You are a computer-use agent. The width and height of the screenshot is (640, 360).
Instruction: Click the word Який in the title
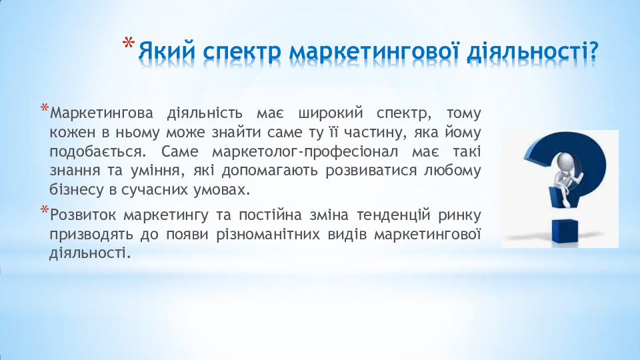coord(167,51)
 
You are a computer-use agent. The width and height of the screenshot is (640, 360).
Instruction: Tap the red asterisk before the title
coord(129,43)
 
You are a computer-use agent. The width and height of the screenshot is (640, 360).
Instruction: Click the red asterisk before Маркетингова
coord(45,108)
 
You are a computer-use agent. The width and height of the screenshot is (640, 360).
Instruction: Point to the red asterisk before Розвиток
coord(45,210)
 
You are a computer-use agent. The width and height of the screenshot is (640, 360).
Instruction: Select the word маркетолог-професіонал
coord(305,152)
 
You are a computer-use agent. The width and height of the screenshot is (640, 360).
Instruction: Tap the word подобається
coord(97,152)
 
